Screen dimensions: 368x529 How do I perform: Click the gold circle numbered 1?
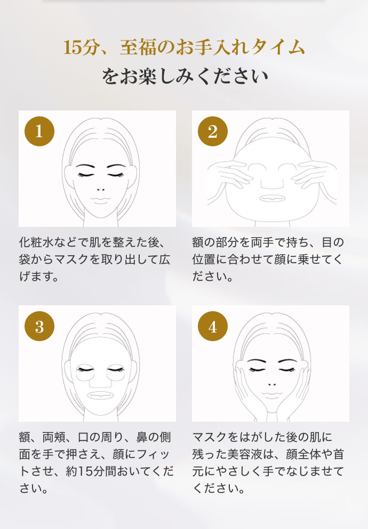pos(39,131)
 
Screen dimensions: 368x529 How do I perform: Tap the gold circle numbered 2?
pos(213,131)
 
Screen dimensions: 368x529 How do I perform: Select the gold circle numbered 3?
pos(39,326)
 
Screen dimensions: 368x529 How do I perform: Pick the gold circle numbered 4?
pos(213,326)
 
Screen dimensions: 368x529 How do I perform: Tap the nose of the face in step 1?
pos(100,190)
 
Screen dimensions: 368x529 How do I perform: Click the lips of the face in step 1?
pos(100,200)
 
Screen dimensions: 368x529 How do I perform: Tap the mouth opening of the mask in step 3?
pos(100,395)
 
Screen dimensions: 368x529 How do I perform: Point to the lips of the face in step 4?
pos(271,395)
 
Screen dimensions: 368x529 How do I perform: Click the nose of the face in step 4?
pos(271,384)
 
